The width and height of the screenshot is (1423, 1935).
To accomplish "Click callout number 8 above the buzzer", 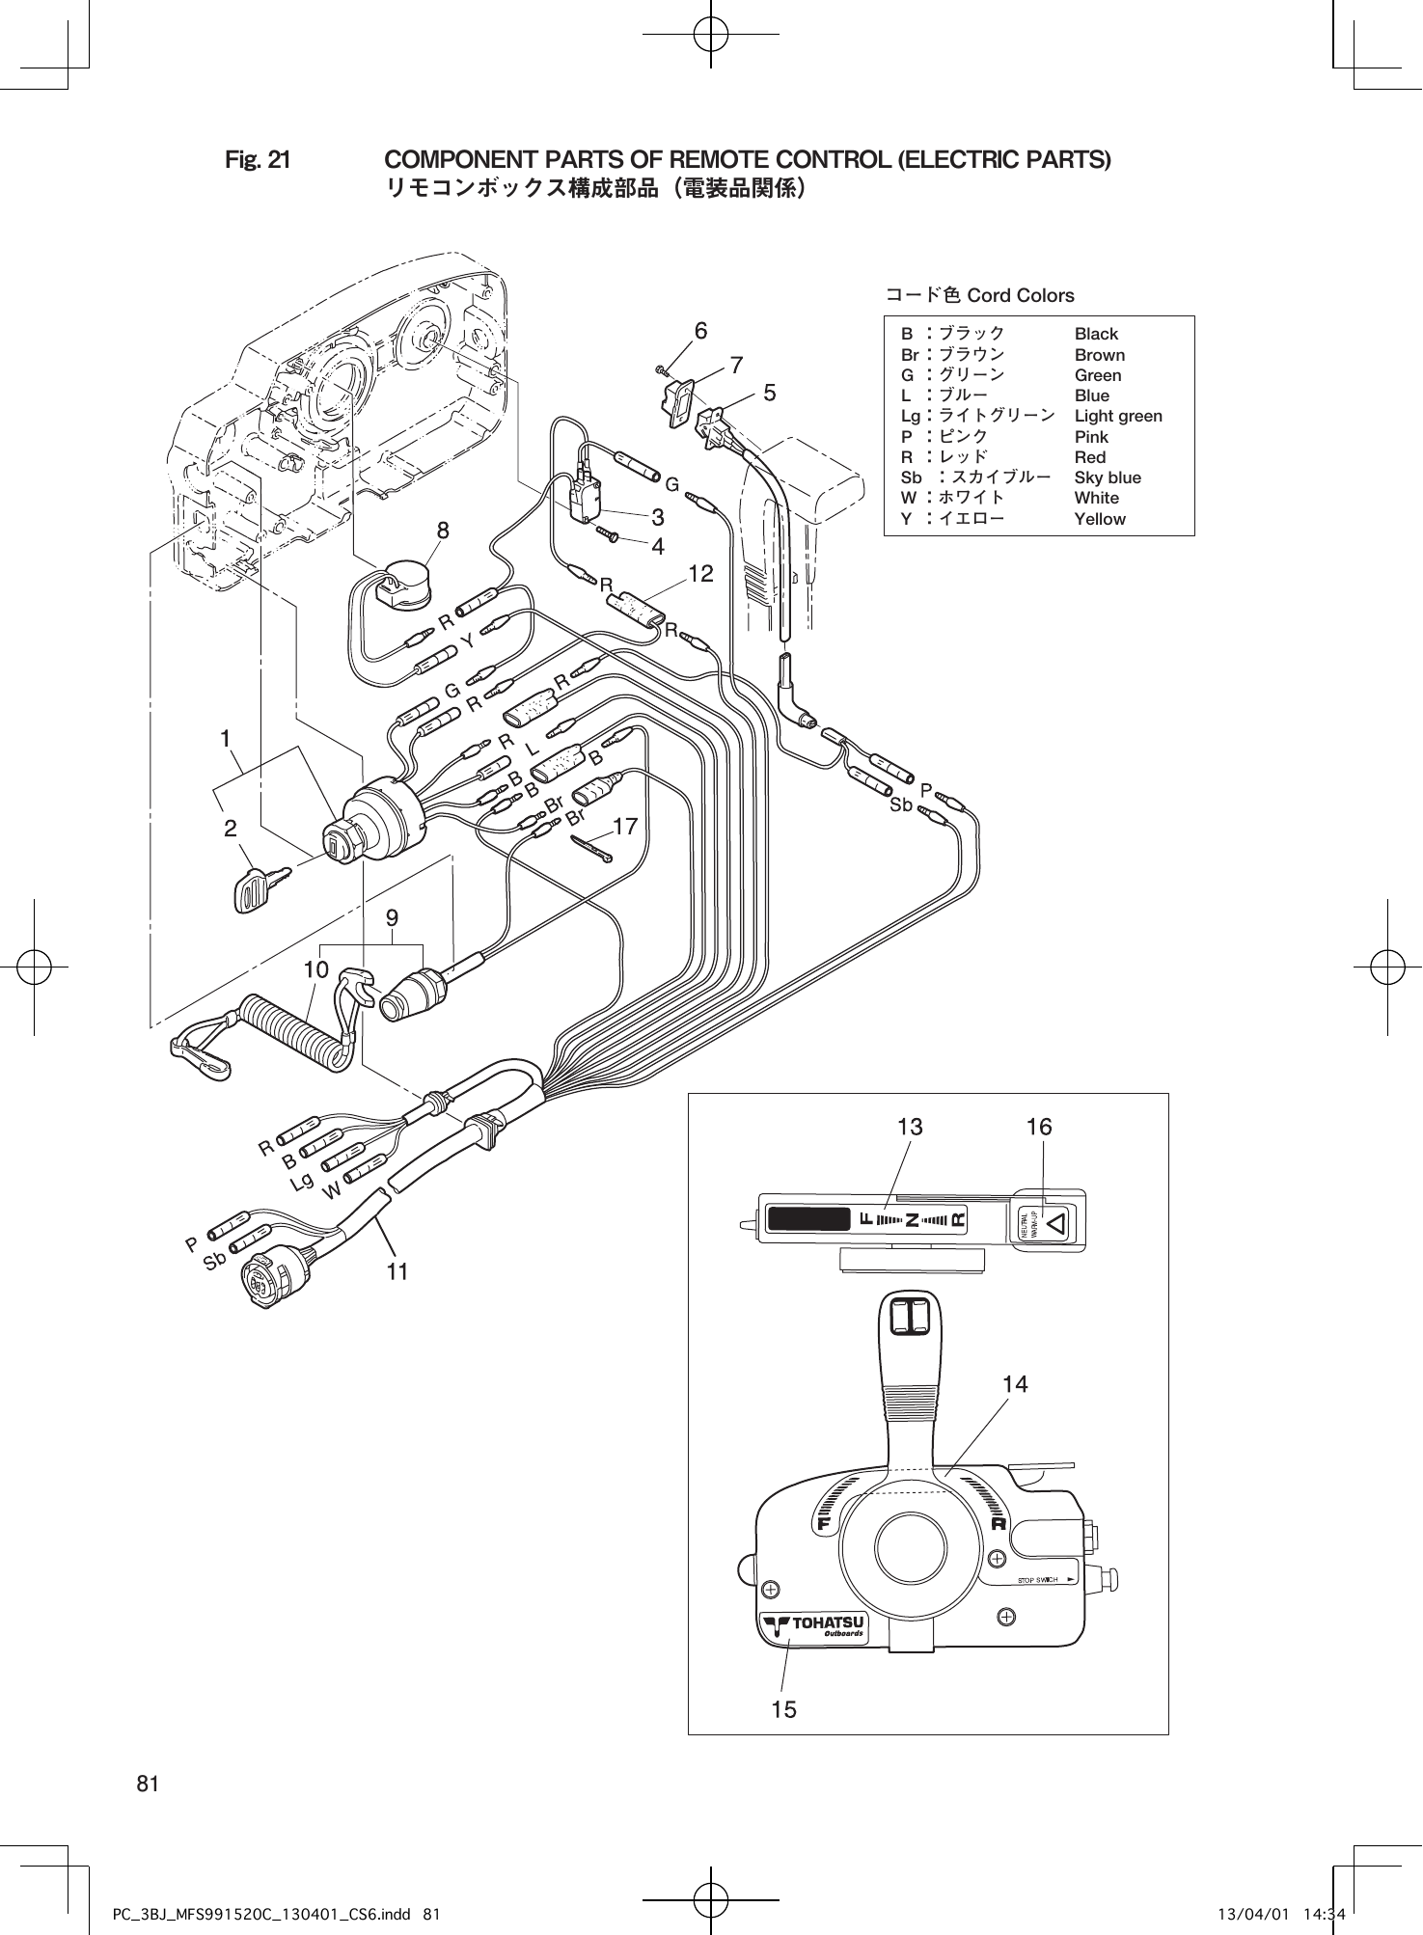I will click(x=442, y=530).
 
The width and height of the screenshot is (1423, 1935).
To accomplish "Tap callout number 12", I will click(x=700, y=575).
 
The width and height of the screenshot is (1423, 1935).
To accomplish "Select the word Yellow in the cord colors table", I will click(x=1100, y=519).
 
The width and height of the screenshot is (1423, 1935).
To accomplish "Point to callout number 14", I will click(x=1015, y=1384).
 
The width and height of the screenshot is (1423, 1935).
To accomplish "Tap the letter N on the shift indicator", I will click(x=911, y=1219).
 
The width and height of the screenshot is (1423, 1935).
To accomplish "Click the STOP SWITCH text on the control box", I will click(x=1038, y=1580).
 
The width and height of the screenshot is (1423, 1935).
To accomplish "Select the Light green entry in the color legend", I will click(x=1118, y=416).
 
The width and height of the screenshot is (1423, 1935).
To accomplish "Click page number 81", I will click(x=148, y=1784).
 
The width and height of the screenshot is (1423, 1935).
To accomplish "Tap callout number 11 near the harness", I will click(x=397, y=1272).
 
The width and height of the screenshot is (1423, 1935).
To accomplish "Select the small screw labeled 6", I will click(x=661, y=369).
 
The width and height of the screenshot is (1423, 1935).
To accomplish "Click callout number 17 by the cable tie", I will click(x=625, y=827).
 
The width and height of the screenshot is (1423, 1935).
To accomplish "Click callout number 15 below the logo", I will click(x=784, y=1709).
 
